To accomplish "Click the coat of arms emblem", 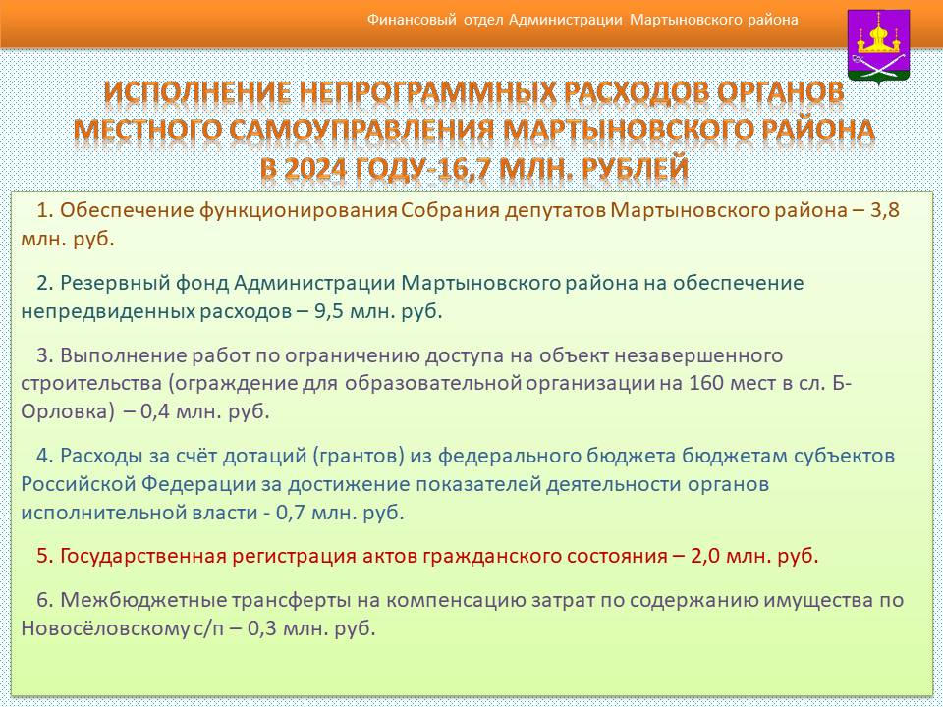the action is [878, 46].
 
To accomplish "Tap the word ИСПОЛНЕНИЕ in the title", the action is [197, 93].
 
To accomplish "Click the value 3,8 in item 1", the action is [885, 210].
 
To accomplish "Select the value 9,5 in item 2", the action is [329, 311].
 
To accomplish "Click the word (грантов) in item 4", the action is [359, 456].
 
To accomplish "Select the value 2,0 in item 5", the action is [705, 556].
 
